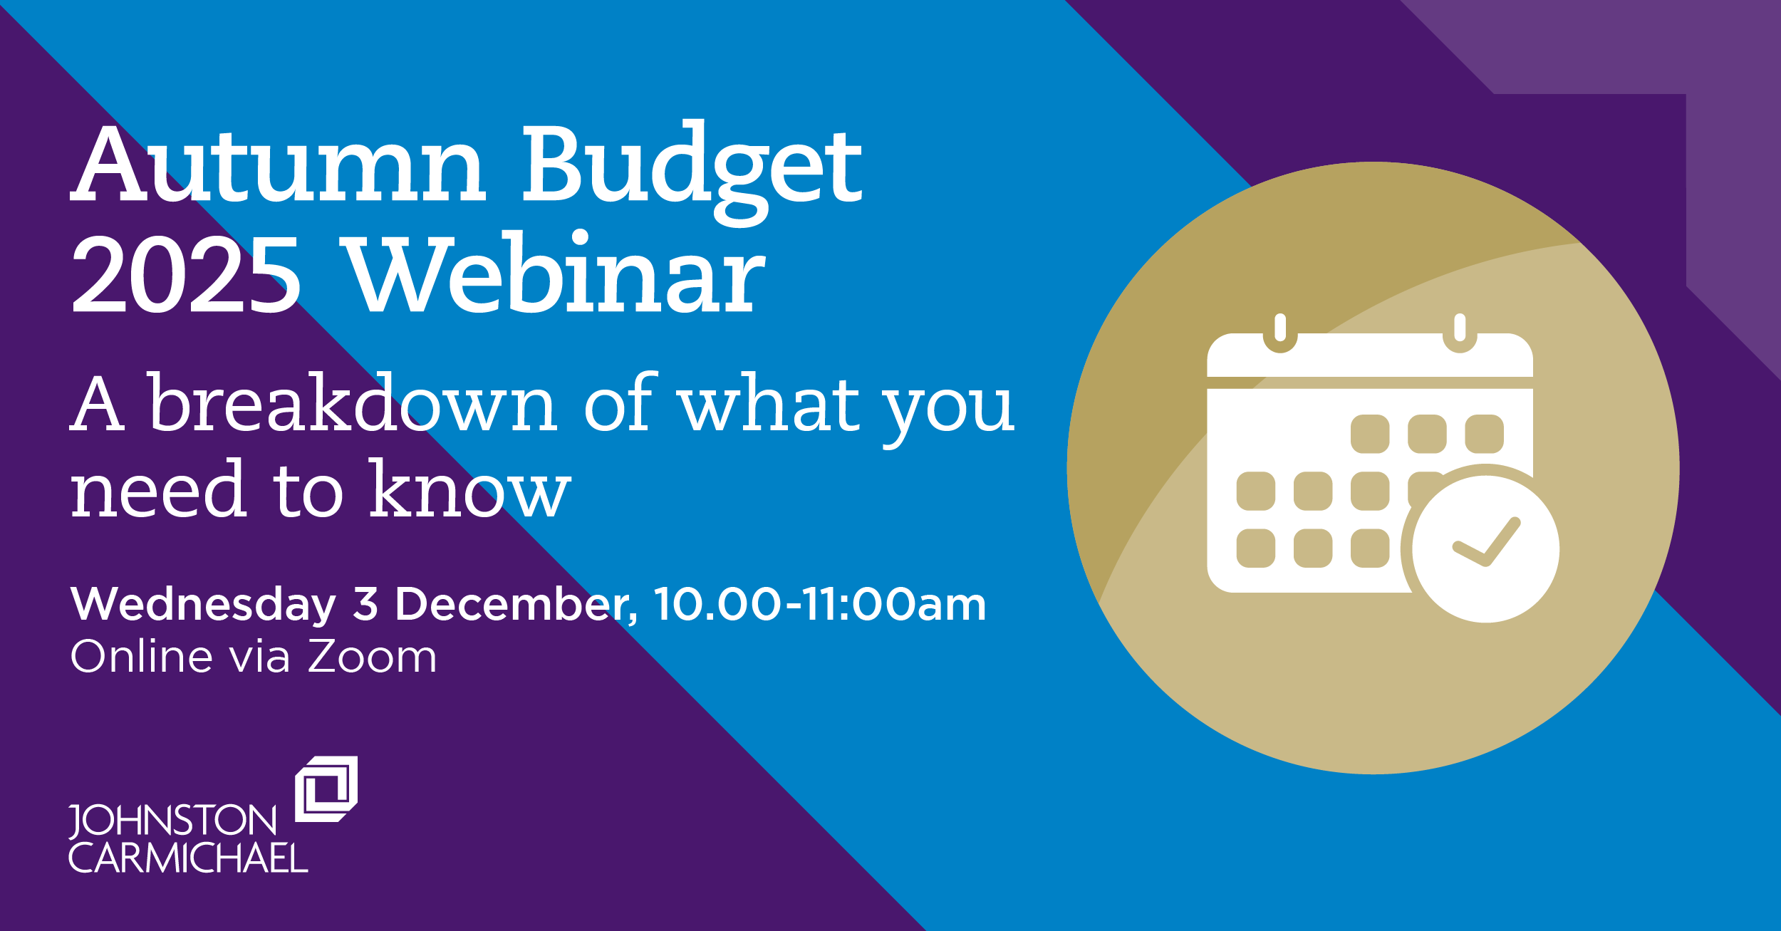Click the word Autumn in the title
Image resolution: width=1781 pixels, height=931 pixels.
279,164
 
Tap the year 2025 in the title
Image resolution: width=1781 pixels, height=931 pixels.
186,274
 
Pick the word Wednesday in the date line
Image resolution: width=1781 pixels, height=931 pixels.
203,605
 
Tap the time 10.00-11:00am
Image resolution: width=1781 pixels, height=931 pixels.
820,604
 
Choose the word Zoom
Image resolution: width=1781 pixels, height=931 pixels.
372,656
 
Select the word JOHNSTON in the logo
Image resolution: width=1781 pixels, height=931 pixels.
172,821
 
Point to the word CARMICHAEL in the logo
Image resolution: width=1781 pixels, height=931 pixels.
188,858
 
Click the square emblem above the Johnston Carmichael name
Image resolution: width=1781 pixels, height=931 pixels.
326,789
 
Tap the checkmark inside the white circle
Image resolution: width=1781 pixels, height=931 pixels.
1487,542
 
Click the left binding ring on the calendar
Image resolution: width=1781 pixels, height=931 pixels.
1280,333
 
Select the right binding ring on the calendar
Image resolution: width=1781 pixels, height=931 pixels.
1460,333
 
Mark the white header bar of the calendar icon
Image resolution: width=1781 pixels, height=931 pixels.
1370,355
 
